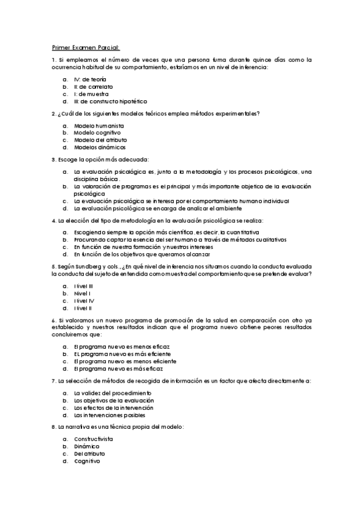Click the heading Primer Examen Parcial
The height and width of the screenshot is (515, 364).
(x=86, y=47)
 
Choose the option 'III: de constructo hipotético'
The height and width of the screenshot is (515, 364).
(x=107, y=101)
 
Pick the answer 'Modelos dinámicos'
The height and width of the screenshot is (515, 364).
(x=100, y=146)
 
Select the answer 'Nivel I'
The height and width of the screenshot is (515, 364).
(x=83, y=293)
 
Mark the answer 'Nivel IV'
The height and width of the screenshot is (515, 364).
(x=84, y=301)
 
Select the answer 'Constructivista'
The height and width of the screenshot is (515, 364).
(x=94, y=438)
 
